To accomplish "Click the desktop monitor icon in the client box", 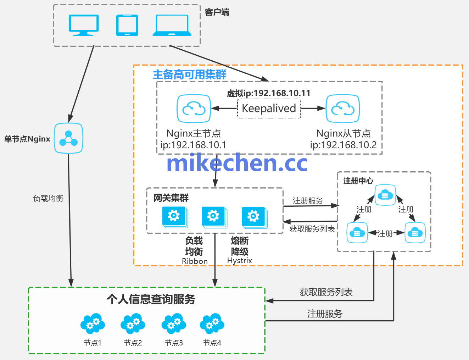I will click(83, 25).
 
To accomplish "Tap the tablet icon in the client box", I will click(127, 25).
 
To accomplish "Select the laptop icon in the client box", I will click(172, 26).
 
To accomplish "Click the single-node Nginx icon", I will click(68, 138).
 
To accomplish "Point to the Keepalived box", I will click(269, 108).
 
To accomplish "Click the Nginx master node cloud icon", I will click(194, 109).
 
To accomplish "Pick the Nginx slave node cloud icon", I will click(343, 109).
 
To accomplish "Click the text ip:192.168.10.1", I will click(193, 145).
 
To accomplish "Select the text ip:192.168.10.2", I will click(343, 145).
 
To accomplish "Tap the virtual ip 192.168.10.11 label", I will click(269, 93).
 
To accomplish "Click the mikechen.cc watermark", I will click(237, 163).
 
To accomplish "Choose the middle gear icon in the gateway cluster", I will click(213, 216).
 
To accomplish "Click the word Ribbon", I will click(195, 261).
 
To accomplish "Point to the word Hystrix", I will click(240, 261).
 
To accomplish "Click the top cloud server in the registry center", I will click(385, 195).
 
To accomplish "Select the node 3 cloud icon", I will click(174, 323).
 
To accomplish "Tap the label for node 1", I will click(93, 343).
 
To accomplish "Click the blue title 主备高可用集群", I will click(189, 74).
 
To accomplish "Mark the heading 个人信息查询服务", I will click(151, 299).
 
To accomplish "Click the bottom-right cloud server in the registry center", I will click(415, 233).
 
